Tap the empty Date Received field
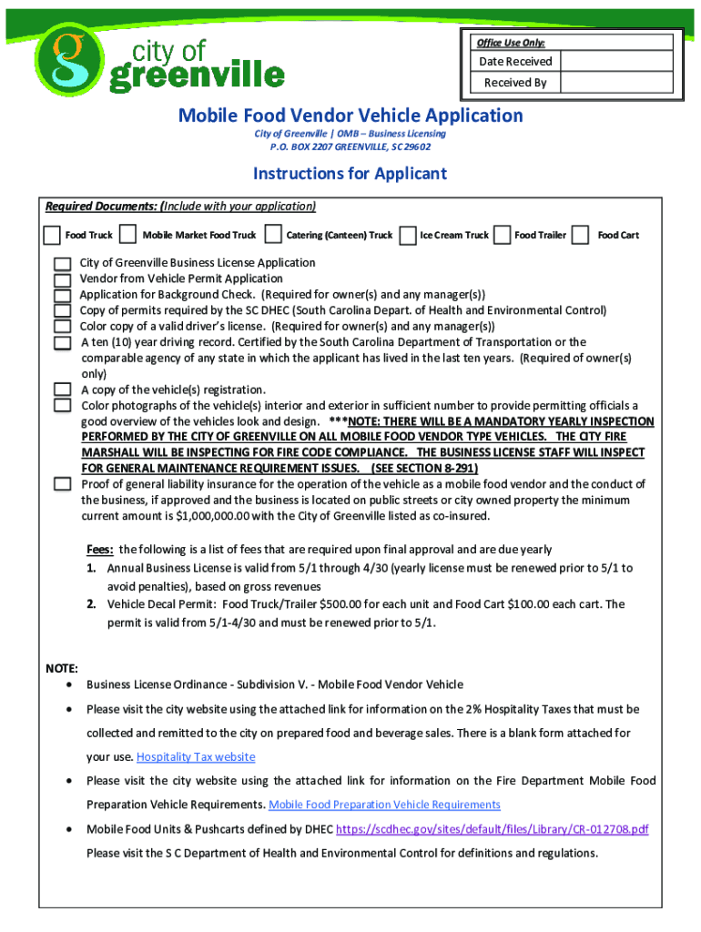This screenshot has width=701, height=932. [616, 62]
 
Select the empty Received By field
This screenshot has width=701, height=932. [616, 83]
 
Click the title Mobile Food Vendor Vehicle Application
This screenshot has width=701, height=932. [350, 116]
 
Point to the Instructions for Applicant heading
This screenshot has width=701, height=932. [350, 174]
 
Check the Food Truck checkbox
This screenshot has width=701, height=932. [53, 235]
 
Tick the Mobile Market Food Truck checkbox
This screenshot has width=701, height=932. [128, 235]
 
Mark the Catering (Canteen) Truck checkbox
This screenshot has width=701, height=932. [272, 235]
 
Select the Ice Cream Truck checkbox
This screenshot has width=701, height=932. [409, 235]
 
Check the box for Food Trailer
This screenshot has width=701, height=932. [501, 235]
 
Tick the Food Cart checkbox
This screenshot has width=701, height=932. [581, 235]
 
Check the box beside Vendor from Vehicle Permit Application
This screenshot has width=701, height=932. [62, 279]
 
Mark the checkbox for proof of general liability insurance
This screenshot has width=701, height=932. [62, 484]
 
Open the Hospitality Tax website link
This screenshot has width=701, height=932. [196, 757]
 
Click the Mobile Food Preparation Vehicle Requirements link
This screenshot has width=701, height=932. [384, 805]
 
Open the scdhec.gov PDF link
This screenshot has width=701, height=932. [493, 829]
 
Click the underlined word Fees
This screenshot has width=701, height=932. [99, 550]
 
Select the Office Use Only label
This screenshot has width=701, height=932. [511, 43]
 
